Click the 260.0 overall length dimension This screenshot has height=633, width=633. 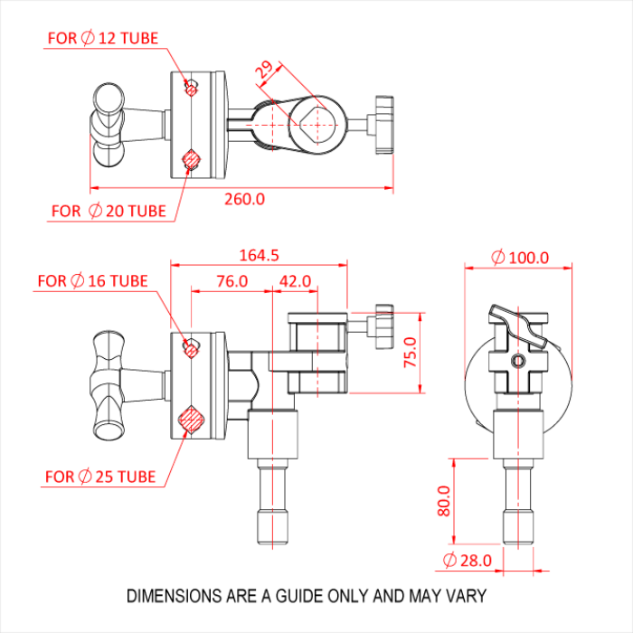[245, 199]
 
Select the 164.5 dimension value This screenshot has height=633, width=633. [259, 255]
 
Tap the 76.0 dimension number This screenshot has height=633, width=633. [231, 281]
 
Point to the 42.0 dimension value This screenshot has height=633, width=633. [295, 281]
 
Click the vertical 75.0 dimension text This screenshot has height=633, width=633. [411, 353]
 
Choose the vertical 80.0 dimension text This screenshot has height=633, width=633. [444, 501]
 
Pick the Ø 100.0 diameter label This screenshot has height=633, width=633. [520, 258]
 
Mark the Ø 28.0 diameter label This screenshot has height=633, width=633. [468, 561]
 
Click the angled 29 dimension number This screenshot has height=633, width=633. [264, 70]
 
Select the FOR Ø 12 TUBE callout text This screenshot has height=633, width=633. [103, 38]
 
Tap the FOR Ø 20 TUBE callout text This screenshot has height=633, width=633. [109, 211]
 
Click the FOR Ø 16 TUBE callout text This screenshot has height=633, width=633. [92, 280]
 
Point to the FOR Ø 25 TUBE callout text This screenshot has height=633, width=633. [100, 477]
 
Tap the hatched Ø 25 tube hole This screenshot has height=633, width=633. [191, 420]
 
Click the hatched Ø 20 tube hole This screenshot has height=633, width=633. [192, 159]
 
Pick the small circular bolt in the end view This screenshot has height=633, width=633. [518, 361]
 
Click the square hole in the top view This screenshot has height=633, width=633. [317, 125]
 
